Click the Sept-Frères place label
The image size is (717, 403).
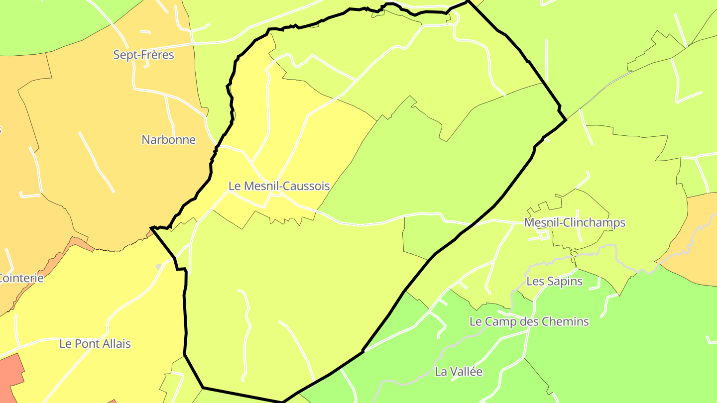click(143, 55)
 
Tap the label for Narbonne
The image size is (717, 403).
click(168, 140)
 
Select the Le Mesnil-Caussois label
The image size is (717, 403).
click(279, 186)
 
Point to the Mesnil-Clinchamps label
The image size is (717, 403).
click(575, 222)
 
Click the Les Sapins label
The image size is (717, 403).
click(554, 281)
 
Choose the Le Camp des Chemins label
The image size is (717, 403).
click(529, 322)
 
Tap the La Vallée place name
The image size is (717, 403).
click(459, 372)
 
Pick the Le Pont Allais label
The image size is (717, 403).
click(95, 344)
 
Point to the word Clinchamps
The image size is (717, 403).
click(594, 222)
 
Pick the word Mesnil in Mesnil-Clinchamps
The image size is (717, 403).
click(541, 222)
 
